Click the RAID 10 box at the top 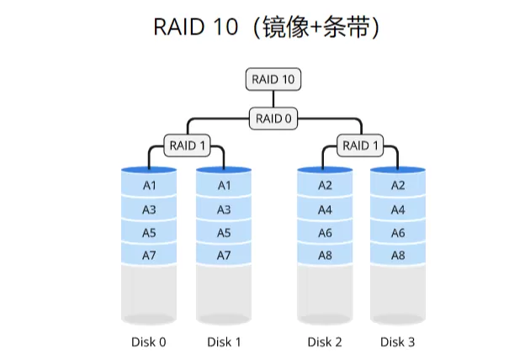pos(273,80)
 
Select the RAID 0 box pos(273,119)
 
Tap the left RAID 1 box pos(188,146)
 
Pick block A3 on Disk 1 pos(224,209)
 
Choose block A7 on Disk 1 pos(224,255)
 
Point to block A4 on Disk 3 pos(398,209)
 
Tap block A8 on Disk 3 pos(398,255)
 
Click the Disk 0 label pos(149,341)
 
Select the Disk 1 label pos(224,341)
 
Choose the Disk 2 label pos(325,341)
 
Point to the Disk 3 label pos(398,341)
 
